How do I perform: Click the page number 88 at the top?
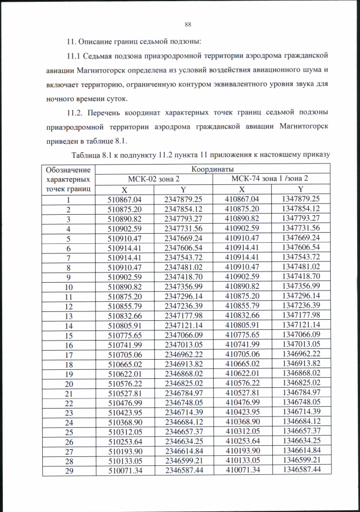tap(188, 24)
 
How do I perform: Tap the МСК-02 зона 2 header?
tap(153, 179)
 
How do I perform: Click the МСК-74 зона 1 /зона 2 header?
tap(270, 179)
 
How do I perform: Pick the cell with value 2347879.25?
tap(183, 199)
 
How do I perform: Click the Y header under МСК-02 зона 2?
tap(183, 189)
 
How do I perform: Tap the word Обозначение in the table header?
tap(67, 169)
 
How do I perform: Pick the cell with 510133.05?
tap(124, 460)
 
